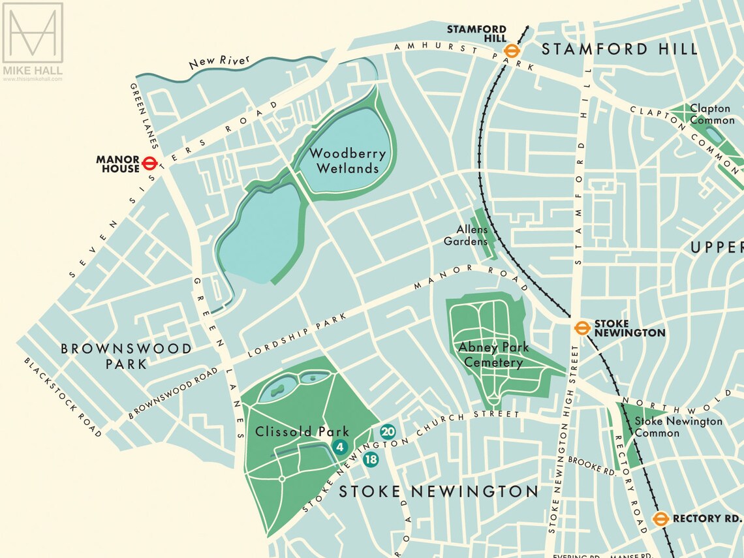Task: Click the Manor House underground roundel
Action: point(150,163)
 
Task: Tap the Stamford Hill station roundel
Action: point(512,52)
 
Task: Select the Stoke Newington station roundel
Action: point(582,328)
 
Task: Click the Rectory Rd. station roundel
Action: point(660,519)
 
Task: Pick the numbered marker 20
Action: point(388,431)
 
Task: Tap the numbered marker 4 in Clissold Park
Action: point(339,447)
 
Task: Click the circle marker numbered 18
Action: point(371,459)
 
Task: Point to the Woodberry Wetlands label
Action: point(347,161)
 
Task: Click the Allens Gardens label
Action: point(465,236)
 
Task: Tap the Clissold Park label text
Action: point(293,431)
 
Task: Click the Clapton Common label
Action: point(711,114)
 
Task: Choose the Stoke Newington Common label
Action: point(678,427)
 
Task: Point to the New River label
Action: point(210,63)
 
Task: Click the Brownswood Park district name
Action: point(127,356)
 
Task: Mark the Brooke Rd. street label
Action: point(591,465)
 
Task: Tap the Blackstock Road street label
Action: point(63,397)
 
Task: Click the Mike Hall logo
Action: point(33,41)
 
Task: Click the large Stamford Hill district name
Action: point(619,49)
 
